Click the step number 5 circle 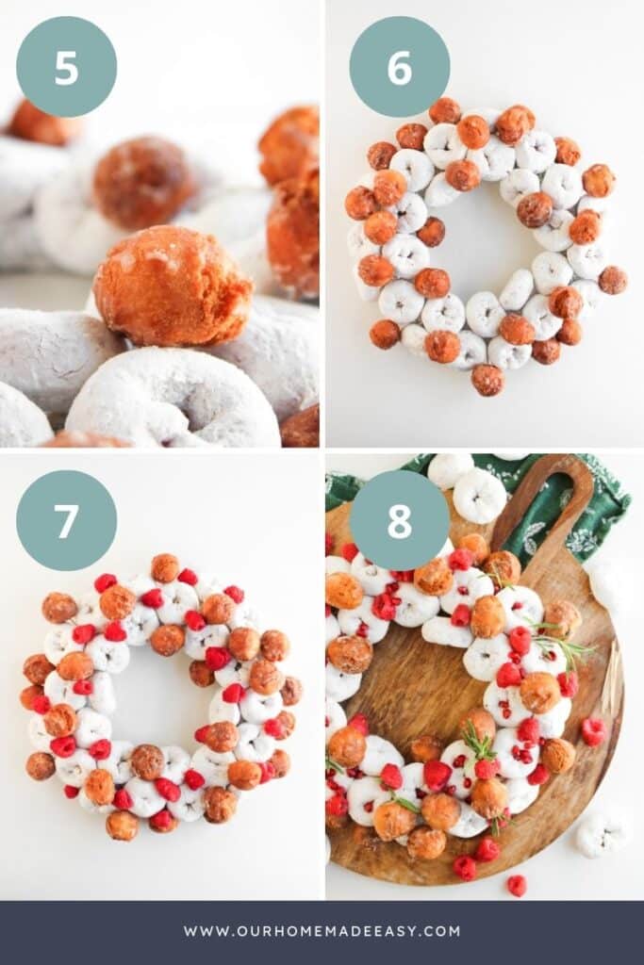[66, 67]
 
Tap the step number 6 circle [399, 67]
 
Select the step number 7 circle [66, 520]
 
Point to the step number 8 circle [399, 520]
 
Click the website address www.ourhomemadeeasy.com [322, 931]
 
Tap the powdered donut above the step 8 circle [480, 495]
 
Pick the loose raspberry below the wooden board [517, 884]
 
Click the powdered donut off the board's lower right [601, 834]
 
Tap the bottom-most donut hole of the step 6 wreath [487, 380]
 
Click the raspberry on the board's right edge [592, 730]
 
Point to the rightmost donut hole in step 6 [613, 279]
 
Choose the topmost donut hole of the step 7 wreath [165, 567]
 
